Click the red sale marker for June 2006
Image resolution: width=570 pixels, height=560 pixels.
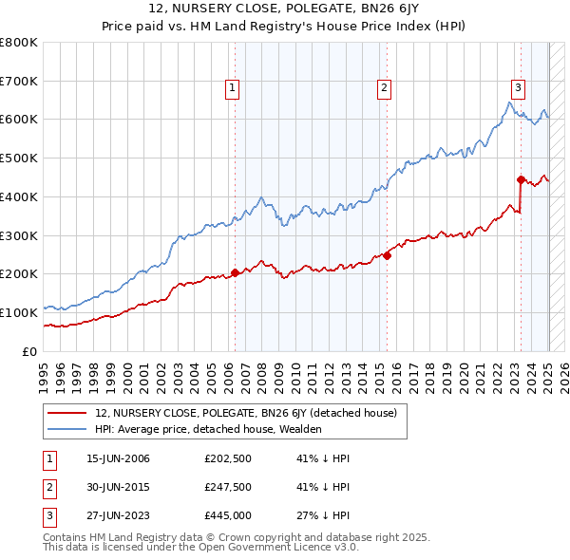(x=235, y=273)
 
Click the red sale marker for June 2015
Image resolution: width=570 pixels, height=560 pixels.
(x=388, y=254)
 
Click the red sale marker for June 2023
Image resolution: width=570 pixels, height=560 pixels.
(x=521, y=178)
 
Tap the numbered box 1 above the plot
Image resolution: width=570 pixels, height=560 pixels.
(x=233, y=88)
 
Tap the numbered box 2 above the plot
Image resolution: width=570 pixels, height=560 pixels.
(x=384, y=88)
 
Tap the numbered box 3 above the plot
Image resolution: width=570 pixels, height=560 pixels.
(x=518, y=88)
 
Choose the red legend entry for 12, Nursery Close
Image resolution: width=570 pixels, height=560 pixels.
(x=252, y=412)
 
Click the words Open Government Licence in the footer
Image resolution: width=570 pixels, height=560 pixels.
(x=285, y=548)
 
